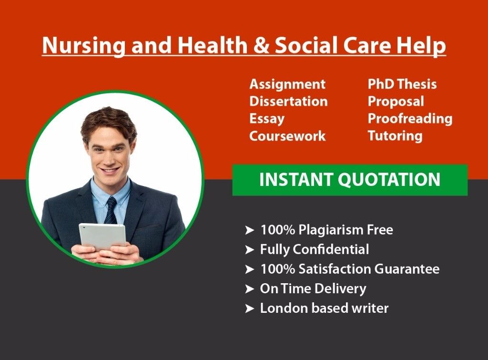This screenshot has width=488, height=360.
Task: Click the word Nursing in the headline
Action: coord(83,45)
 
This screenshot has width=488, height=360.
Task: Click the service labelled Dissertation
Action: coord(288,101)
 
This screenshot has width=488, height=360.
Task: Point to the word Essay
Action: coord(267,119)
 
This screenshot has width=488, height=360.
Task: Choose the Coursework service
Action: coord(287,136)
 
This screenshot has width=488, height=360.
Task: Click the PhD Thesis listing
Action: coord(402,84)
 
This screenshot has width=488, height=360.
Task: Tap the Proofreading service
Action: coord(410,119)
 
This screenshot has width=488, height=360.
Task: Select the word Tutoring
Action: coord(395,136)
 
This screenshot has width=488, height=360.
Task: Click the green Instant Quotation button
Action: coord(350,180)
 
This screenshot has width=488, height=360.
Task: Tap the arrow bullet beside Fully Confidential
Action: coord(250,249)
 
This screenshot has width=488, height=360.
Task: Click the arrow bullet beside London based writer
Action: coord(250,309)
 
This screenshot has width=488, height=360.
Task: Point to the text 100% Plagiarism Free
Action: coord(326,230)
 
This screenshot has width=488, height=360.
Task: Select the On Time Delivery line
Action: coord(313,289)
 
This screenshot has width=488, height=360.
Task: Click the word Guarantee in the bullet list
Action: coord(407,269)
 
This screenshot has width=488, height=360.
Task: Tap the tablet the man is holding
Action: coord(102,237)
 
